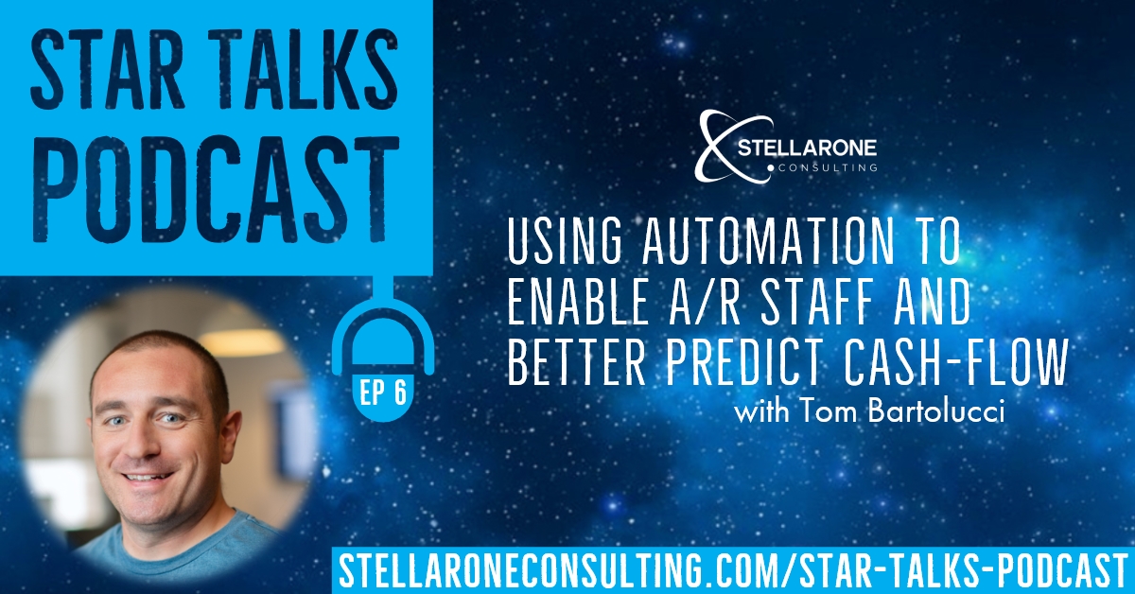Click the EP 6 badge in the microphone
tap(384, 393)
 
